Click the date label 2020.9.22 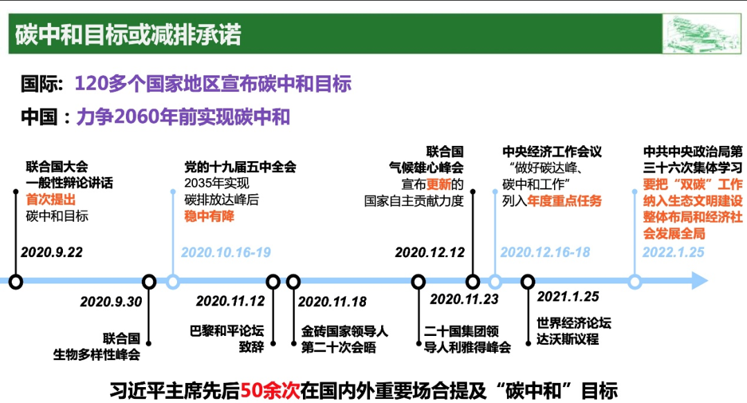(51, 252)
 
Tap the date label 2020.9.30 (111, 301)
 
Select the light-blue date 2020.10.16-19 (225, 252)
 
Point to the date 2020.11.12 (230, 301)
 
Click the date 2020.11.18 (332, 301)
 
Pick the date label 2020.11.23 (464, 299)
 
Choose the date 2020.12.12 (430, 252)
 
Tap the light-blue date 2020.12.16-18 (545, 252)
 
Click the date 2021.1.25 (568, 297)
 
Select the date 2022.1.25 (673, 252)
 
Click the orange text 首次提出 (50, 200)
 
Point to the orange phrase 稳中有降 (209, 216)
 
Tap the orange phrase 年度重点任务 (564, 200)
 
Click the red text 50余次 (270, 391)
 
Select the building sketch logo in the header (702, 34)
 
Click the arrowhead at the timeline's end (700, 281)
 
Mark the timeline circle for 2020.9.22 (16, 281)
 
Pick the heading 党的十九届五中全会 (240, 167)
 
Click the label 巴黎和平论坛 (227, 330)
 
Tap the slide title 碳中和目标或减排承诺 (128, 35)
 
